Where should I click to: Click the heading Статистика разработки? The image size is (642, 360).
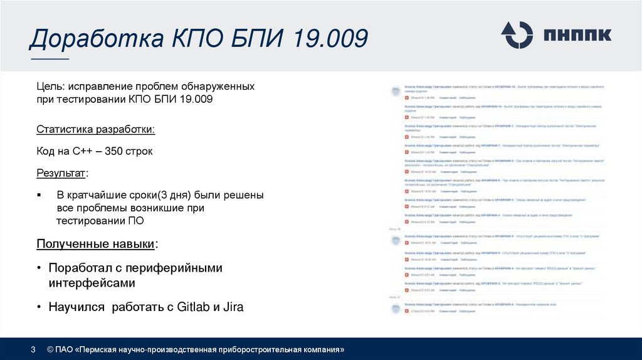(x=95, y=130)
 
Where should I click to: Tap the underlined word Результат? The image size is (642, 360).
(x=61, y=172)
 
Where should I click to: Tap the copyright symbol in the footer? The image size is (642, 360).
(x=50, y=349)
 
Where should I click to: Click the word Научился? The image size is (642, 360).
(x=75, y=307)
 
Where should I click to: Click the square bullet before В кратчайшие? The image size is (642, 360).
(x=39, y=195)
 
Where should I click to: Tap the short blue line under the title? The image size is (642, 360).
(x=50, y=60)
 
